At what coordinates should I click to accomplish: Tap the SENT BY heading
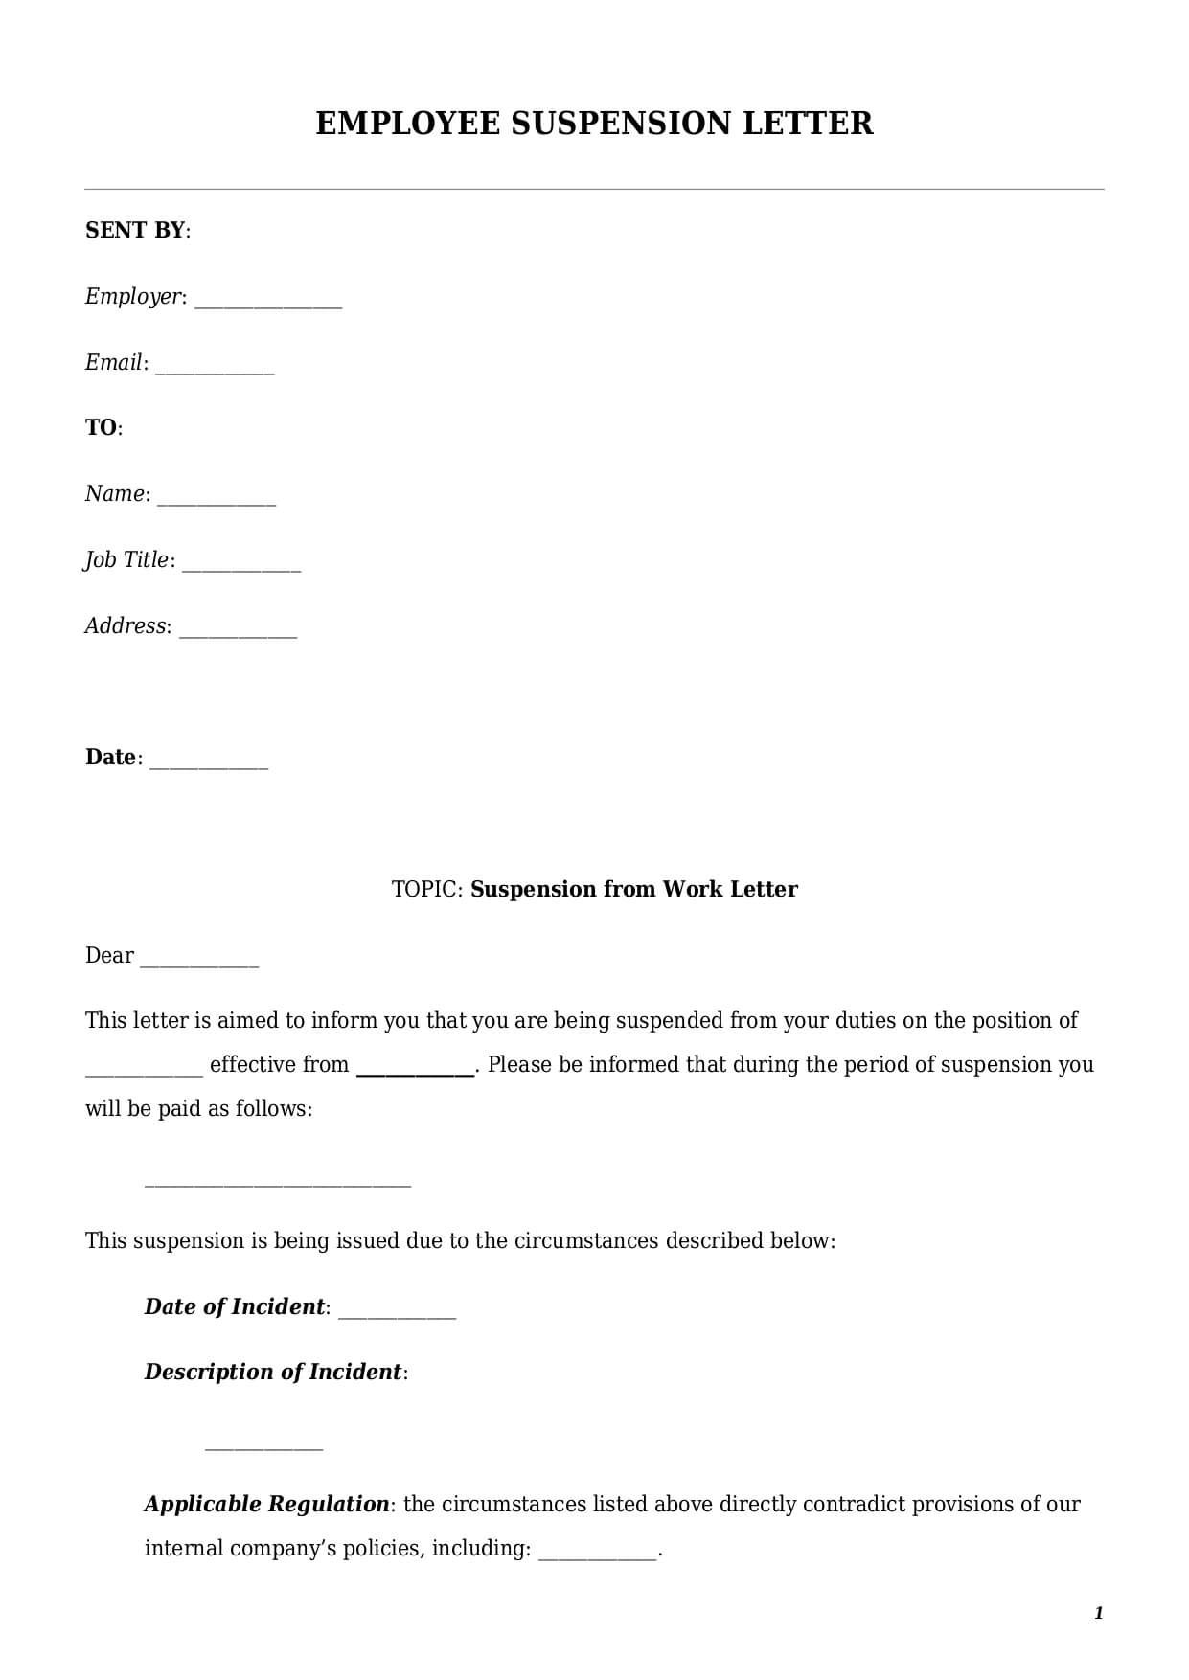pos(135,230)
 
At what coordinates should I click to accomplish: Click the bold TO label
pos(101,427)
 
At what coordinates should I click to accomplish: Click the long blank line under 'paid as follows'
pos(277,1185)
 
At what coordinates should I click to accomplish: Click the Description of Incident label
pos(272,1372)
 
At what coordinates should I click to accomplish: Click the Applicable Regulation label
pos(266,1504)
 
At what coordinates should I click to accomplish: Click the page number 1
pos(1098,1614)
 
